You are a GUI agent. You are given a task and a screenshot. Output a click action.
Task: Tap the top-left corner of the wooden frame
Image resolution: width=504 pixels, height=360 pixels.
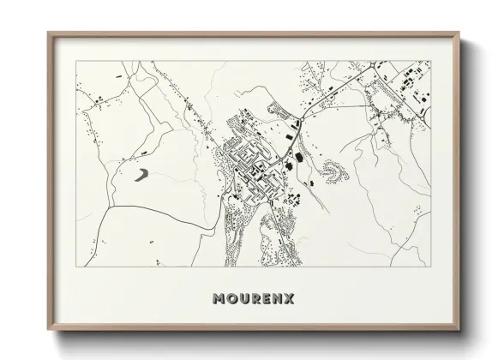(48, 33)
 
